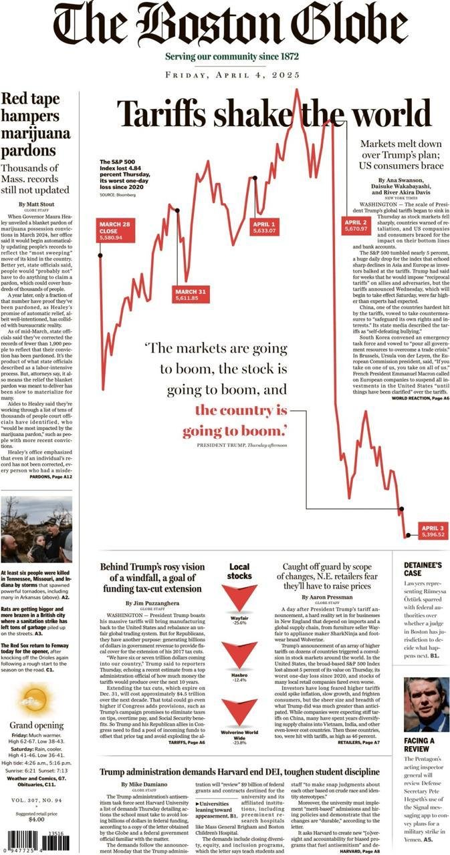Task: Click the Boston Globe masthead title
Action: (231, 25)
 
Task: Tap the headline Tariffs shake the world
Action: (274, 114)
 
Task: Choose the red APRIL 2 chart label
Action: (355, 225)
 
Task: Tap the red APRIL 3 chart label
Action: (433, 531)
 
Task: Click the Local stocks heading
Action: (239, 571)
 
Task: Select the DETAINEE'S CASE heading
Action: (422, 569)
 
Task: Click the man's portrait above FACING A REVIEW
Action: (425, 705)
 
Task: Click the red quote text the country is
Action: (241, 409)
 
